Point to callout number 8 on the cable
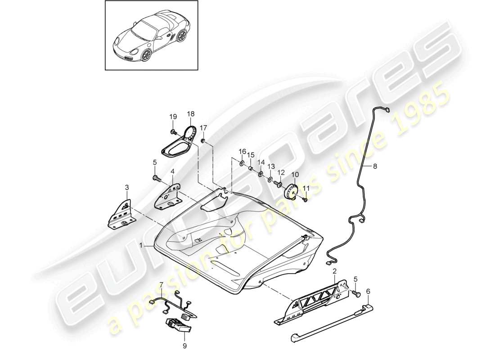pos(375,166)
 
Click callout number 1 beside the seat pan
pos(141,246)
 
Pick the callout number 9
pos(184,346)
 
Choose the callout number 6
pos(368,292)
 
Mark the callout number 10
pos(295,175)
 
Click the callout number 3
pos(127,187)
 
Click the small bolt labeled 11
pos(305,198)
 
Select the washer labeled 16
pos(242,162)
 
